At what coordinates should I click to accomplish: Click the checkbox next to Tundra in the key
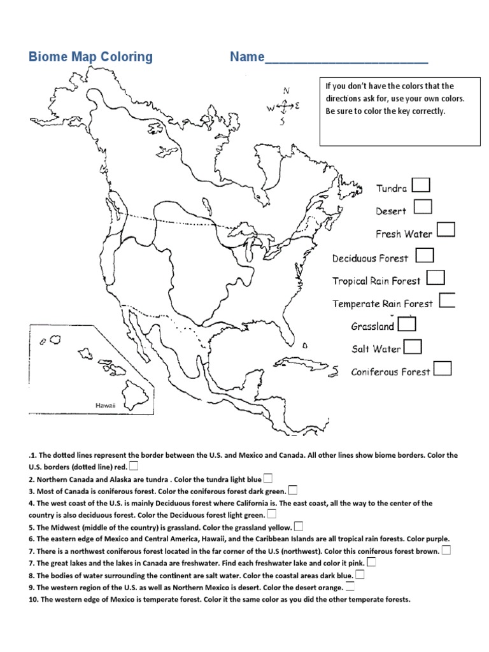point(421,185)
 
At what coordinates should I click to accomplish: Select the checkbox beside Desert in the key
point(423,207)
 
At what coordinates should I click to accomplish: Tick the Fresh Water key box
point(446,230)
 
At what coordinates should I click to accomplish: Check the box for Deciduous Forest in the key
point(425,255)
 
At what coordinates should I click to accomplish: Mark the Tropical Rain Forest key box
point(436,278)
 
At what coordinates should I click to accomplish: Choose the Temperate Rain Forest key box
point(447,301)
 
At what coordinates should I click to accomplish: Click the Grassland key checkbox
point(407,324)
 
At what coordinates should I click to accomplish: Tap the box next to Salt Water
point(413,346)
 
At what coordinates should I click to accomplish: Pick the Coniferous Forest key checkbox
point(443,369)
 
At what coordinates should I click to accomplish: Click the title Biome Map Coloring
point(90,57)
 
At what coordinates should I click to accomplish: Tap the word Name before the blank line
point(247,57)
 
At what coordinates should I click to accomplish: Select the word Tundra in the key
point(391,188)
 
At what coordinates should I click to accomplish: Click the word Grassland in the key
point(372,327)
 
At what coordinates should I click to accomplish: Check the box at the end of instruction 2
point(268,478)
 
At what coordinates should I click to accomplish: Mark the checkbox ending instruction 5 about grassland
point(299,527)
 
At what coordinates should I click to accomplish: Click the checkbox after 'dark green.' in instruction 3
point(293,490)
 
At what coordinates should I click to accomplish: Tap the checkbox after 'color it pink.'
point(371,562)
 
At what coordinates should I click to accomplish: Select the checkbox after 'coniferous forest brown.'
point(446,550)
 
